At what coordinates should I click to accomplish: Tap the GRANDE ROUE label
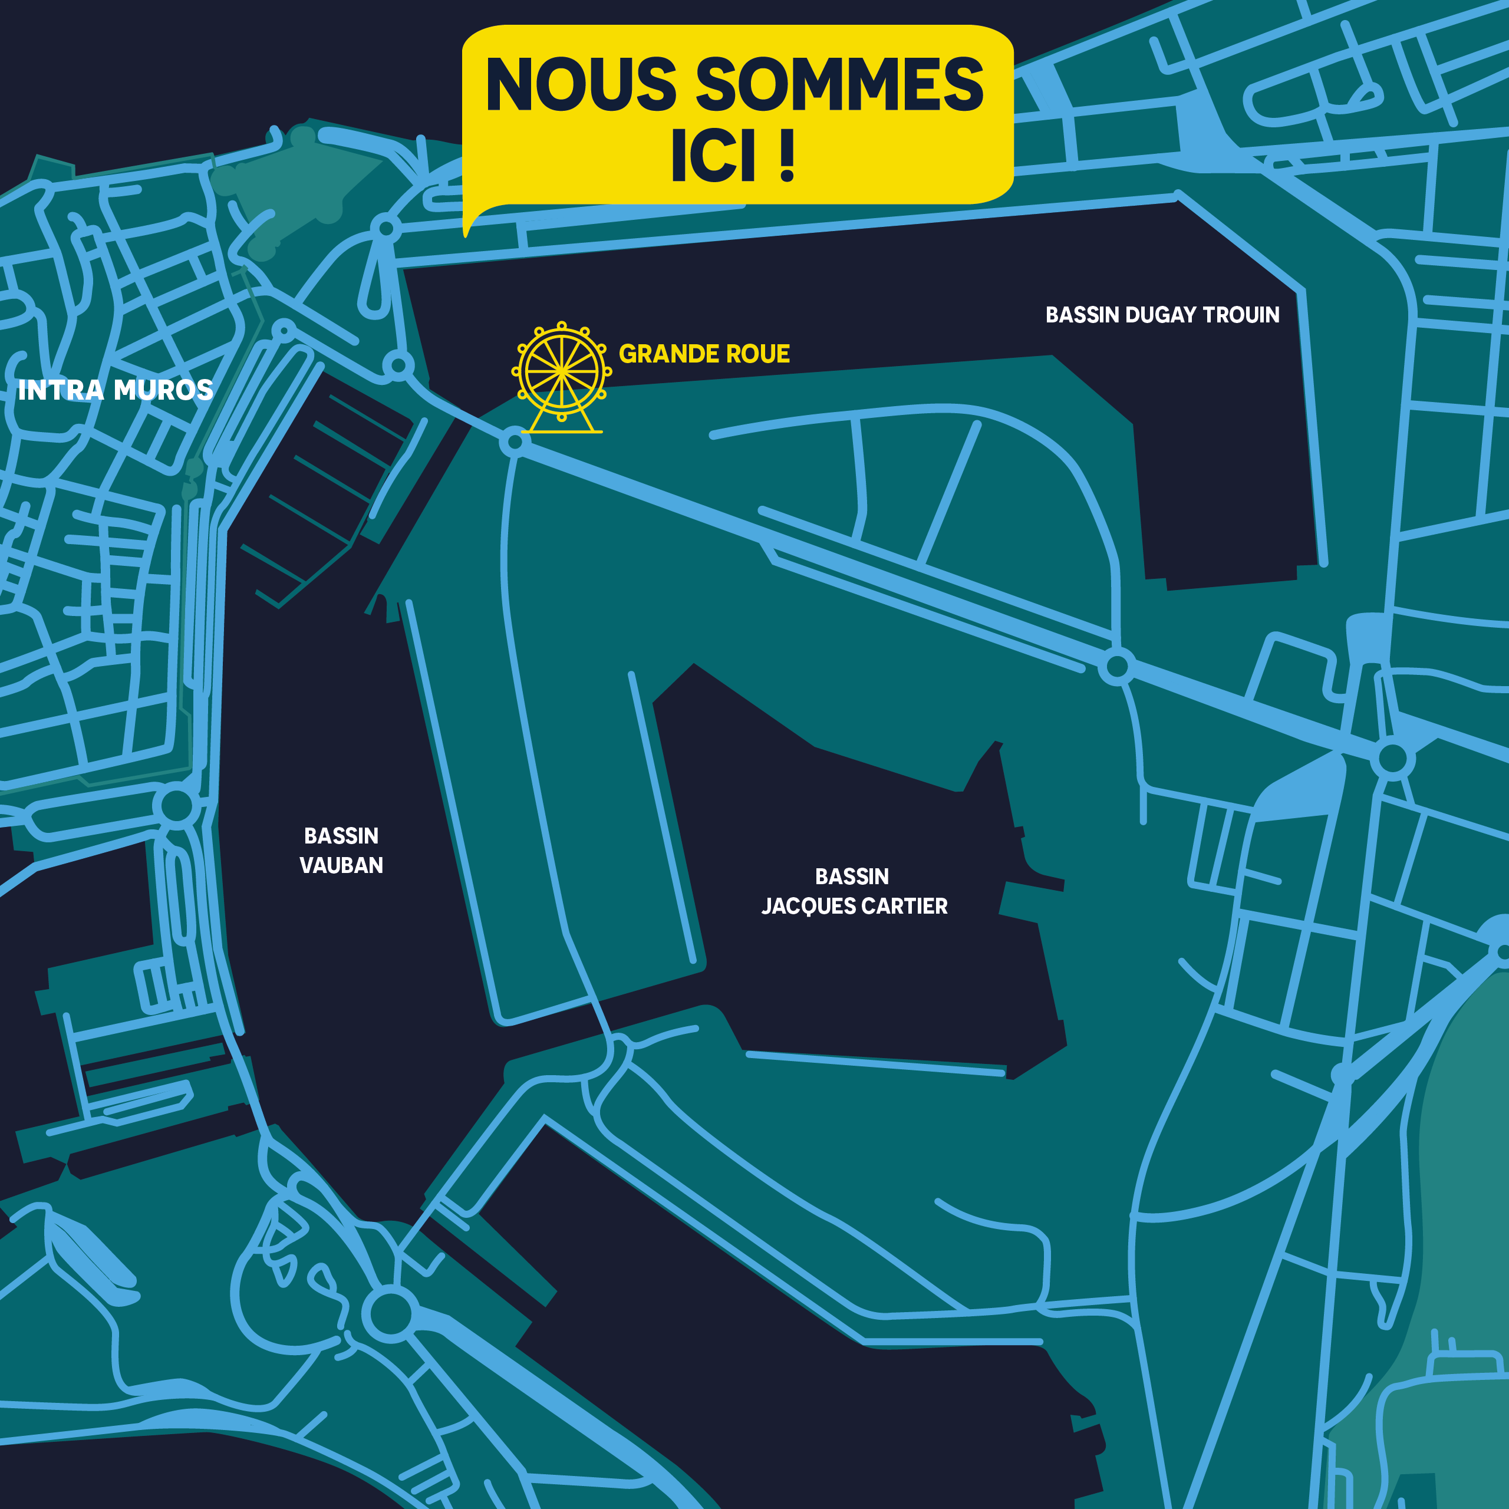click(x=704, y=354)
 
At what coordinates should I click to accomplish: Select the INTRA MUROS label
click(x=115, y=390)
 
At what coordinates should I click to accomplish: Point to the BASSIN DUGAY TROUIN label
click(x=1162, y=315)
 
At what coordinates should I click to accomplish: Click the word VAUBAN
click(x=341, y=865)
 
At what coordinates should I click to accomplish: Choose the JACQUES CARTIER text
click(x=855, y=906)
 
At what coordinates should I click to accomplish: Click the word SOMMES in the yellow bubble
click(x=839, y=84)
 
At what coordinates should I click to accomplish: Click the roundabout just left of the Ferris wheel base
click(x=515, y=443)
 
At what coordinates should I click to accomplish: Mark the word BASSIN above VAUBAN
click(x=341, y=836)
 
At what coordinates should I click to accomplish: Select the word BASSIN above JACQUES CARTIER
click(x=852, y=877)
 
